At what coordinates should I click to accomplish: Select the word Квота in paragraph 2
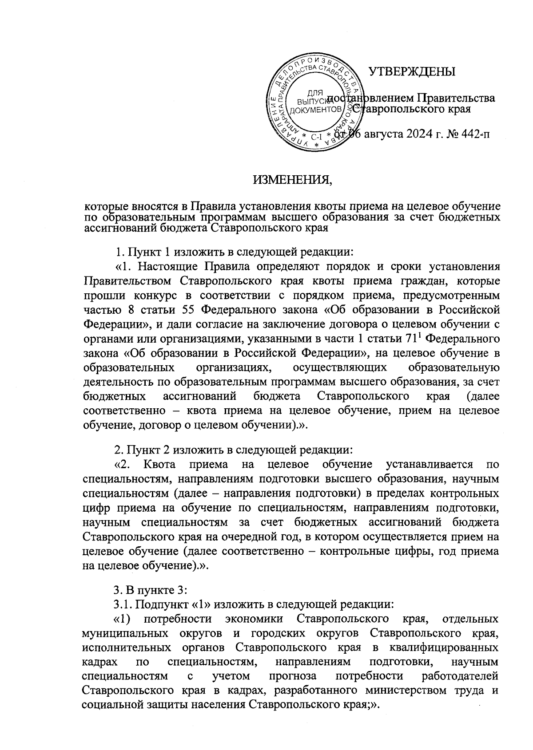click(x=160, y=465)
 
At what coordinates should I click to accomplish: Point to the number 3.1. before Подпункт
click(x=124, y=604)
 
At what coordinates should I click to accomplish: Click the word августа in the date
click(x=381, y=133)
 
